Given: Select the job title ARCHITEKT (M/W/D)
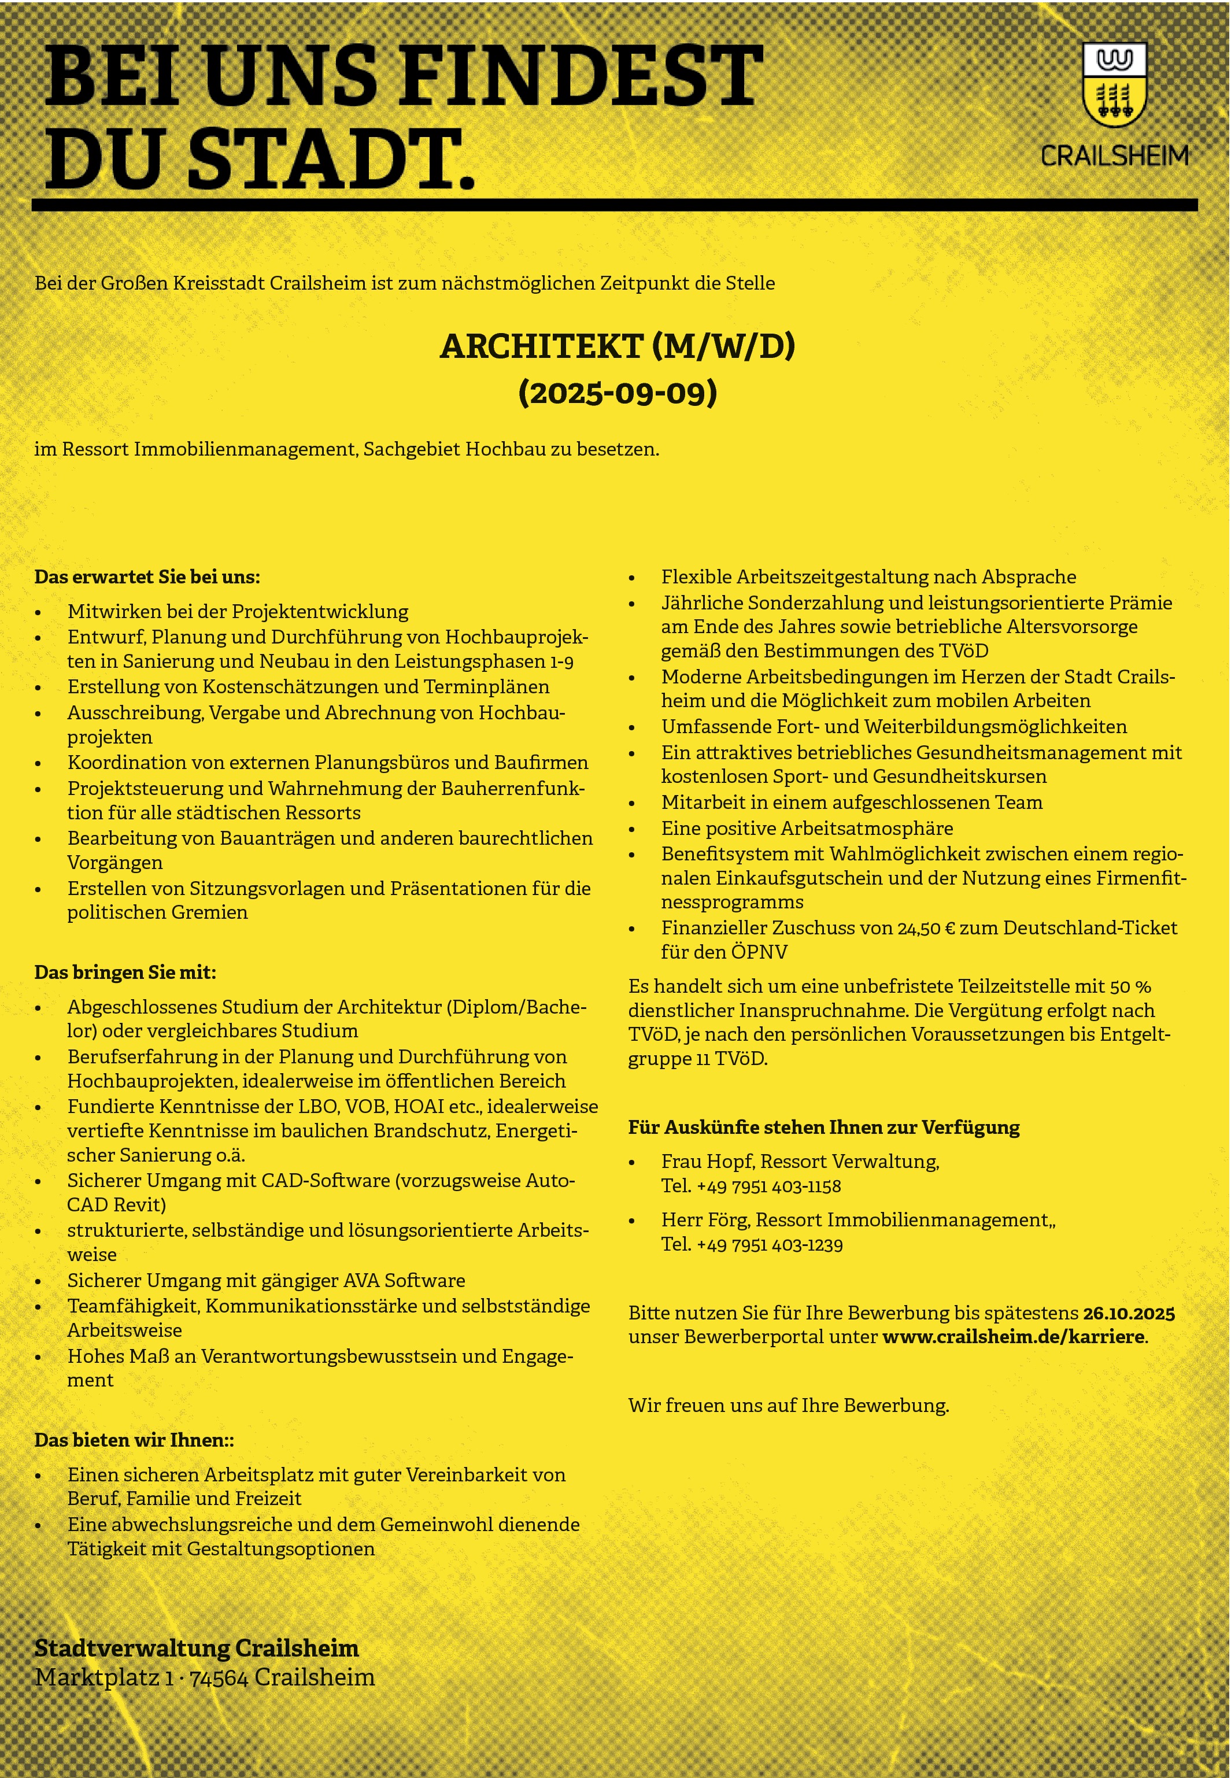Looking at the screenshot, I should tap(616, 346).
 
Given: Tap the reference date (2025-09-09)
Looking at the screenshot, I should tap(617, 393).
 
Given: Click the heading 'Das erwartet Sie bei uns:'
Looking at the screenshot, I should tap(147, 577).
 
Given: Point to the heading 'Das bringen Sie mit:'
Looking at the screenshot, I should tap(125, 972).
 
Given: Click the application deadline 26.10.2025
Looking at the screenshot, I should tap(1129, 1313).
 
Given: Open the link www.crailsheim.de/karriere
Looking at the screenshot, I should tap(1014, 1337).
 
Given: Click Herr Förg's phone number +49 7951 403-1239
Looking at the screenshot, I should tap(769, 1244).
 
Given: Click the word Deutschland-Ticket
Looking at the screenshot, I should tap(1090, 928).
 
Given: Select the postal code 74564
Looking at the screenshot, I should tap(219, 1678).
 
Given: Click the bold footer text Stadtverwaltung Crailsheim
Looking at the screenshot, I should tap(197, 1648).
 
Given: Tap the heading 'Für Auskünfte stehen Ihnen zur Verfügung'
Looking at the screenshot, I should tap(824, 1127).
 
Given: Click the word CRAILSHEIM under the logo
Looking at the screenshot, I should tap(1115, 156).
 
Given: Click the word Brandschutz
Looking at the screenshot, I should tap(427, 1131).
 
